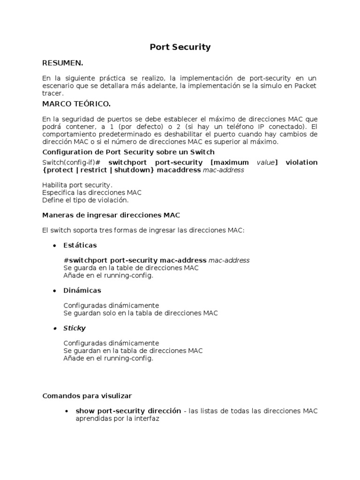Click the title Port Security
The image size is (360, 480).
pyautogui.click(x=180, y=47)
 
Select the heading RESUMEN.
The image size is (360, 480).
pyautogui.click(x=62, y=63)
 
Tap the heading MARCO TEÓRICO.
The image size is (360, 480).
pyautogui.click(x=76, y=104)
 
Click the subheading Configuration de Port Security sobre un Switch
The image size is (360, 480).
pyautogui.click(x=128, y=152)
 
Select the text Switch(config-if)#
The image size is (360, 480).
pyautogui.click(x=72, y=162)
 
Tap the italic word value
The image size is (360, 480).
pyautogui.click(x=265, y=162)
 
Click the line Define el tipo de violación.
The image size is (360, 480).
pyautogui.click(x=85, y=200)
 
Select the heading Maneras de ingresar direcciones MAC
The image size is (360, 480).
pyautogui.click(x=111, y=215)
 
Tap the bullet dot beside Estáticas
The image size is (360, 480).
pyautogui.click(x=54, y=246)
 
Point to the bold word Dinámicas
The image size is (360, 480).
pyautogui.click(x=82, y=291)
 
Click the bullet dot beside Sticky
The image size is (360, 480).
pyautogui.click(x=54, y=328)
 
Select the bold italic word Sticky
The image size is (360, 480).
pyautogui.click(x=75, y=328)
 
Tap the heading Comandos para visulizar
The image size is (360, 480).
pyautogui.click(x=87, y=396)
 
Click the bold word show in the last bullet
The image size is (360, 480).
pyautogui.click(x=85, y=411)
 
